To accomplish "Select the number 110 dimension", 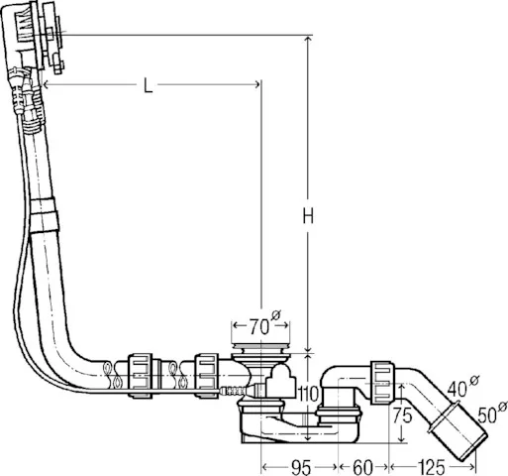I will coord(309,395).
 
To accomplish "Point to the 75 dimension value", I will coord(401,416).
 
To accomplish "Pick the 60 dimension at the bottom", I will coord(363,464).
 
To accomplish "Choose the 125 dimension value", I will coord(431,464).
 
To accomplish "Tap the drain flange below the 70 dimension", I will coord(262,350).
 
